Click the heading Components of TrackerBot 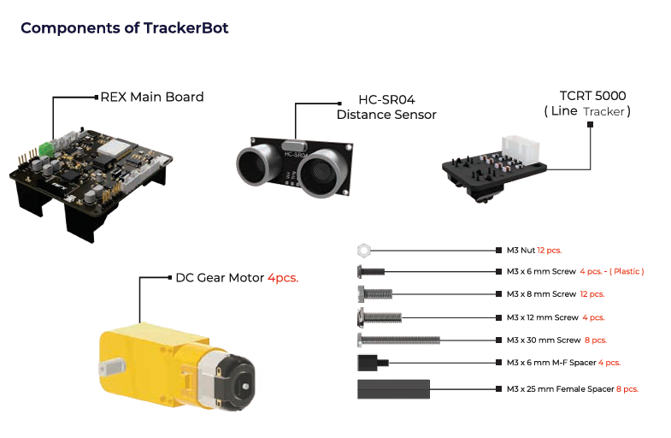click(124, 28)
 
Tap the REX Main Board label click(152, 97)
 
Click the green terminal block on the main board click(46, 147)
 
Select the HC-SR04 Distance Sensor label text click(386, 107)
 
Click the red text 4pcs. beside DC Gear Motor click(283, 278)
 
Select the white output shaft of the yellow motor click(110, 367)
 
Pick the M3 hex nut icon click(362, 251)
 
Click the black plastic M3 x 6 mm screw click(369, 272)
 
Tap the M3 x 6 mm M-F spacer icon click(371, 363)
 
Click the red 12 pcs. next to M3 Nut click(549, 251)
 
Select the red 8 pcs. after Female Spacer click(627, 389)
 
